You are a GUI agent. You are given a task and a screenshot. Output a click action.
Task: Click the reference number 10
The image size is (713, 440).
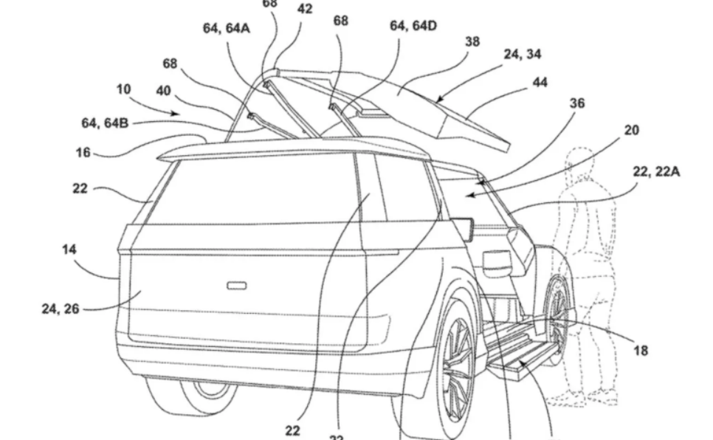123,90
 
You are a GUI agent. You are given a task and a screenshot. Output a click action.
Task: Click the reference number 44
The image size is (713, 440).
540,83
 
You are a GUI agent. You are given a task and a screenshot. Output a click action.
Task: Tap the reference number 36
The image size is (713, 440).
577,104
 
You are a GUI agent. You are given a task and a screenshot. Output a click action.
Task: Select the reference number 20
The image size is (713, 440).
631,131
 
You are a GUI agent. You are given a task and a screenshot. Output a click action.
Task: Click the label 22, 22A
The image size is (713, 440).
655,172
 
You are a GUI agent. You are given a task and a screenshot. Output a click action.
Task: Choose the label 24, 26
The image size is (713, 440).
60,309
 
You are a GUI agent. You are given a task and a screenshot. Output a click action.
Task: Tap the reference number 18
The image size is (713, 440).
641,351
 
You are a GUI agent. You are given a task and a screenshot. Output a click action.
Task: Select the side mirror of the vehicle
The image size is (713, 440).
464,227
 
